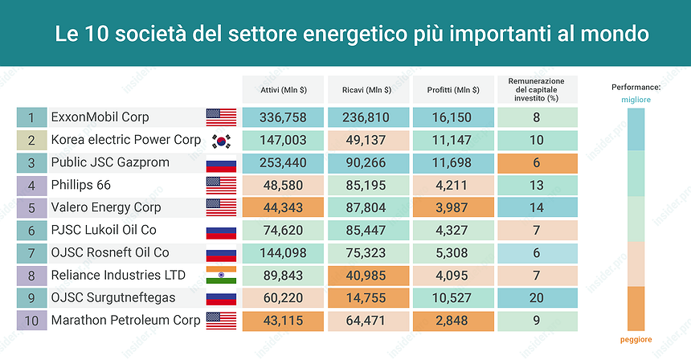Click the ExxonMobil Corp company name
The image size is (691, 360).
(x=100, y=117)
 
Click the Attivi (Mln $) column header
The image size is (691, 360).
(x=283, y=89)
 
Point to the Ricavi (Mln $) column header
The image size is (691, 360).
(x=366, y=89)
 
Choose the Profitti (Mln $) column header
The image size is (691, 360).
(x=452, y=89)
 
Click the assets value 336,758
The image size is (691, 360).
(x=283, y=117)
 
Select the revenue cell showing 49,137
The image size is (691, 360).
(x=366, y=140)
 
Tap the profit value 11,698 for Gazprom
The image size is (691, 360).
(x=452, y=162)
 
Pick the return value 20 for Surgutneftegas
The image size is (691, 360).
(x=537, y=298)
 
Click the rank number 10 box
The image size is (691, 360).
(x=31, y=321)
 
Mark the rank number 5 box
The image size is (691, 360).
(x=31, y=207)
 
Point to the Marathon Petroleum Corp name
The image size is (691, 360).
(x=125, y=321)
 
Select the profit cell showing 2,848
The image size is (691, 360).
(x=452, y=321)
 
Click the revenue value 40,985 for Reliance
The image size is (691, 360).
(x=366, y=276)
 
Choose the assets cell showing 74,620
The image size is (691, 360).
(x=283, y=230)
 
